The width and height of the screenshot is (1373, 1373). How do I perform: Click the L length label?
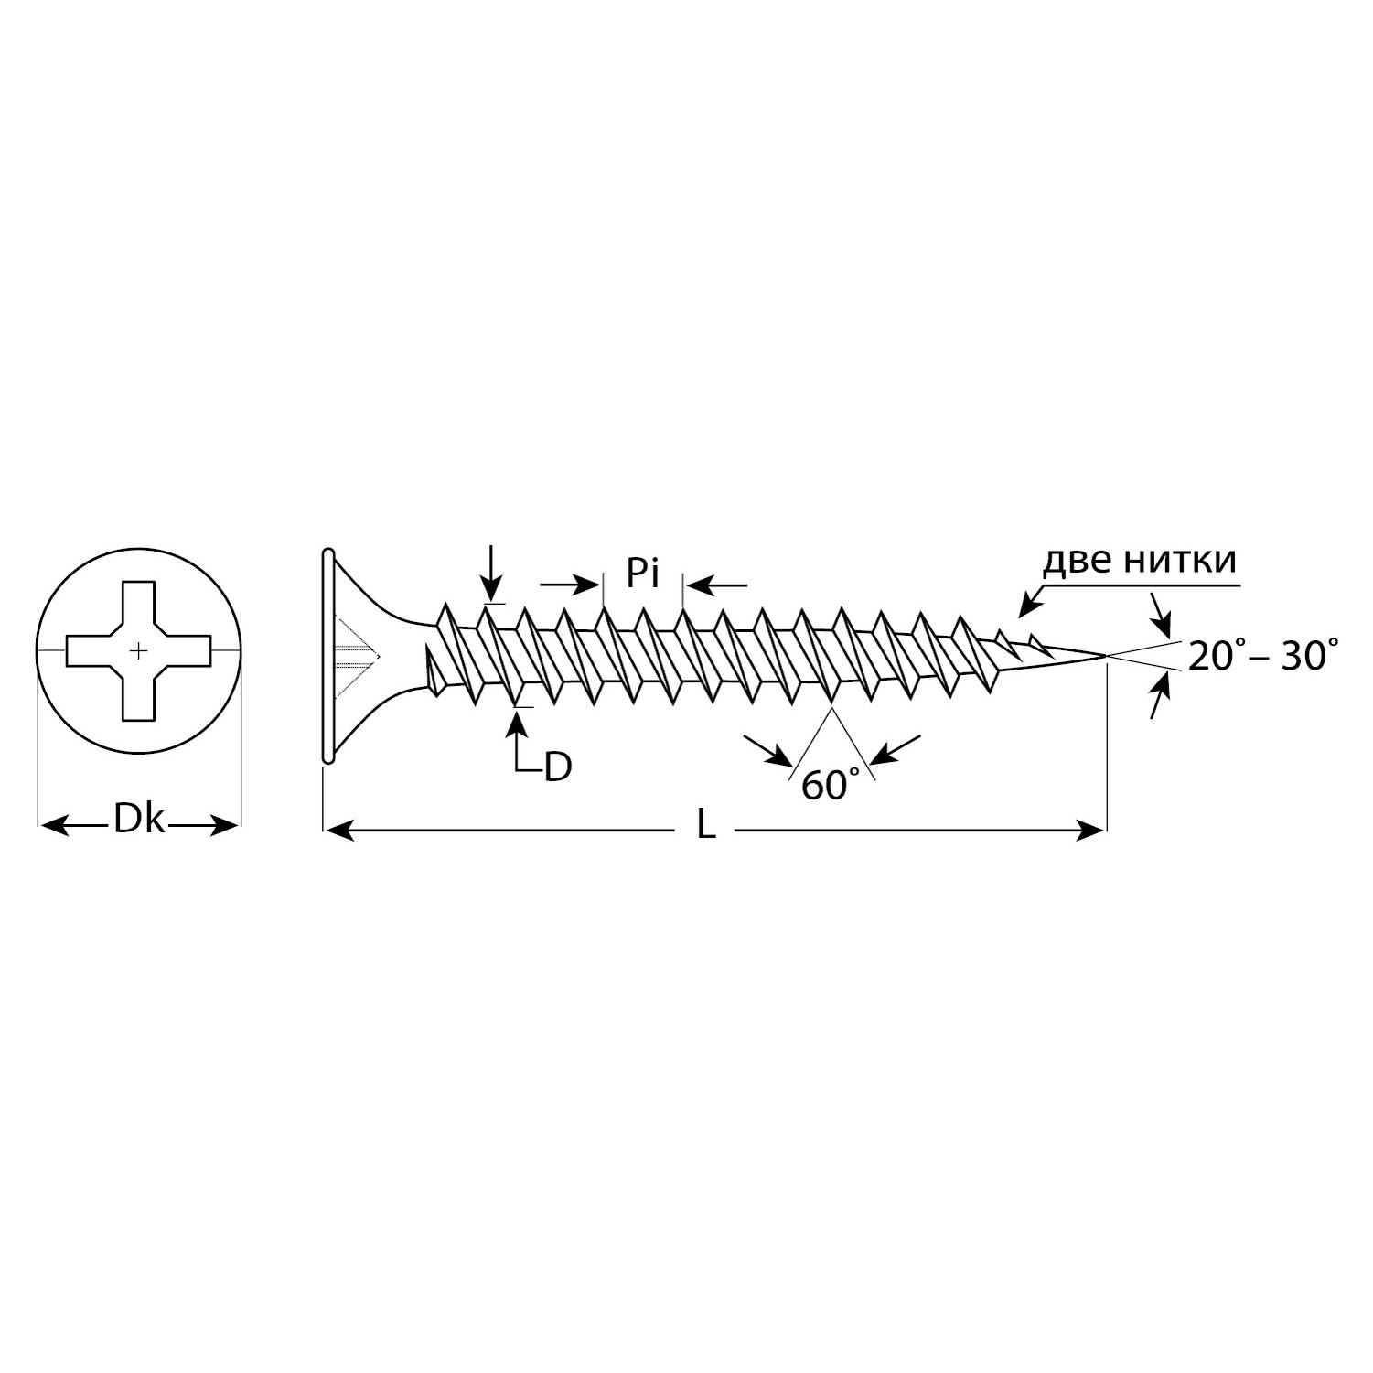705,826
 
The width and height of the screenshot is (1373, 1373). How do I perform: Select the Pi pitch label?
643,573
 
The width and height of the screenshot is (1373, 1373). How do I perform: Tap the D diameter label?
557,767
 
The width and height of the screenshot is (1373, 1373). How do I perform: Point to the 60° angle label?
831,784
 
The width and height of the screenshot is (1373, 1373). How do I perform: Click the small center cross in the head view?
137,651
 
